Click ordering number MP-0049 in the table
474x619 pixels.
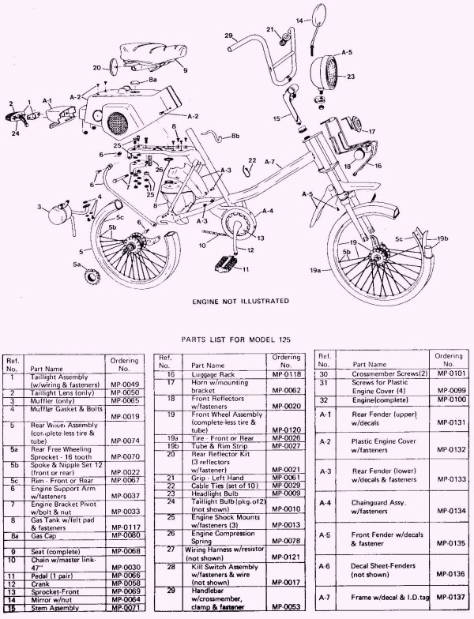pyautogui.click(x=122, y=385)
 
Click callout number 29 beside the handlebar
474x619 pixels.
pyautogui.click(x=228, y=36)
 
